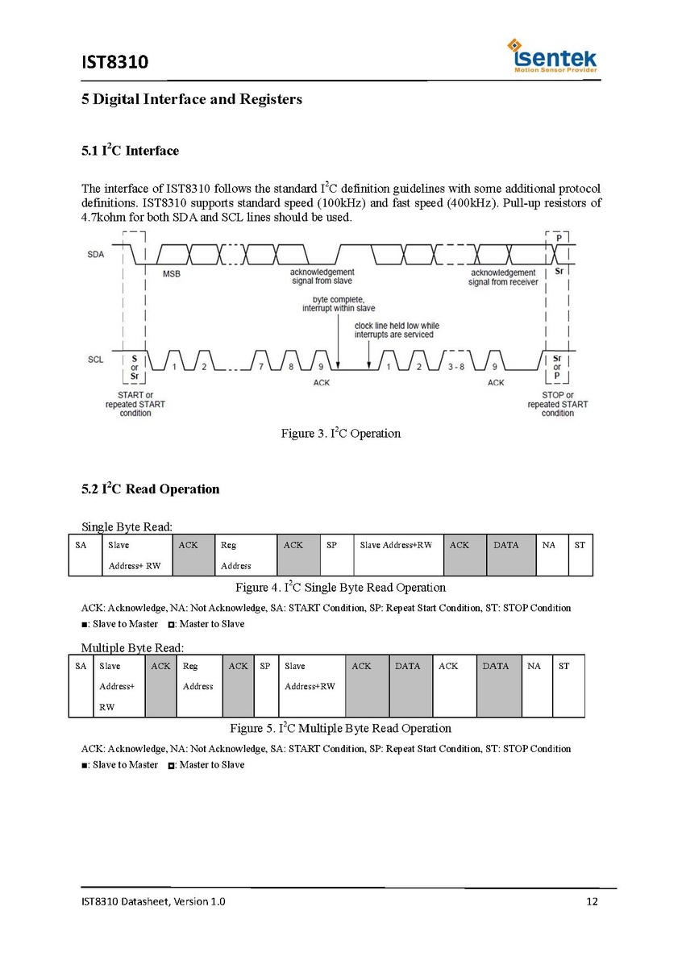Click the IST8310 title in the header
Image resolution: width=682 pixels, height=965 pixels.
[115, 62]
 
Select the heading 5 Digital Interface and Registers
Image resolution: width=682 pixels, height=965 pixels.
[192, 99]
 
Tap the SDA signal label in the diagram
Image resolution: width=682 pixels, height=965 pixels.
[95, 255]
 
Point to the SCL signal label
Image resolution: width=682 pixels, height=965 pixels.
[95, 360]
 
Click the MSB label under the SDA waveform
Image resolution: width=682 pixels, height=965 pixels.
[171, 274]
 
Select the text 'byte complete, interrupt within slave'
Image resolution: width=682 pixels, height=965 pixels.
[339, 303]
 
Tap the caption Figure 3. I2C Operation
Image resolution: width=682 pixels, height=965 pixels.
[340, 434]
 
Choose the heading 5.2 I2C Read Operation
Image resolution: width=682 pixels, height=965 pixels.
[150, 489]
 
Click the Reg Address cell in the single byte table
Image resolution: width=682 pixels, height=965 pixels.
[246, 555]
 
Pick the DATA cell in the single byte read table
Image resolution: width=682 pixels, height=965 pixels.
[511, 555]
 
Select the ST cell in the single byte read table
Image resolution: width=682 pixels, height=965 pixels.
[580, 555]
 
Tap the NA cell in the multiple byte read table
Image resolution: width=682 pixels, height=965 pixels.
[537, 685]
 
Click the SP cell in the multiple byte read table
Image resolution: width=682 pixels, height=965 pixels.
[265, 685]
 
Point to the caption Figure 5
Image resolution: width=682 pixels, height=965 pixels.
[340, 728]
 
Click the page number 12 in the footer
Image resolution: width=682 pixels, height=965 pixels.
[593, 901]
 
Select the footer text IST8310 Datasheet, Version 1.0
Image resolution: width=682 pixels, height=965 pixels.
[153, 901]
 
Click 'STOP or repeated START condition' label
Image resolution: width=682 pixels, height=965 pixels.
[558, 404]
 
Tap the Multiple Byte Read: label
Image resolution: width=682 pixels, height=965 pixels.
[132, 647]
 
